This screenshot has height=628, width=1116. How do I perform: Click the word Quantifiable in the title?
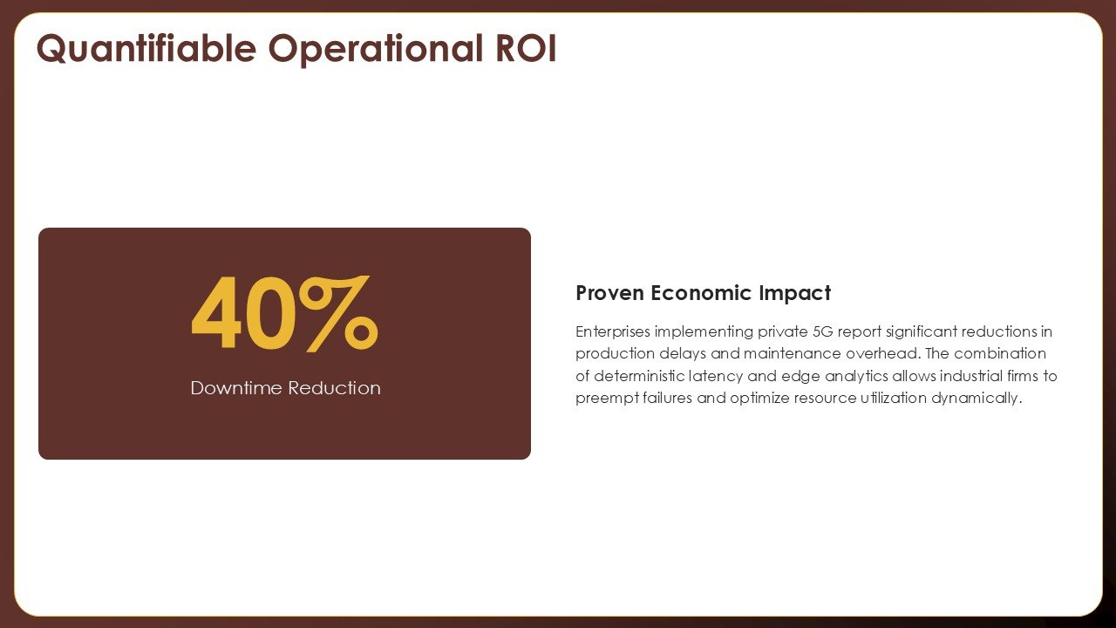click(146, 49)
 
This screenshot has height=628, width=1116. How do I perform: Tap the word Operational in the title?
click(376, 49)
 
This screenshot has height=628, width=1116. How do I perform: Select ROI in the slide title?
click(526, 48)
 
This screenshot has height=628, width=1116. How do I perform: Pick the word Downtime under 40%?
click(236, 388)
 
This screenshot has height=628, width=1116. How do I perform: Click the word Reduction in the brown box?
click(334, 388)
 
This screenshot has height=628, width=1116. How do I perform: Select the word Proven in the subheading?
click(610, 292)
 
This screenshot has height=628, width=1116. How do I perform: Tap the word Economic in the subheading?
click(702, 292)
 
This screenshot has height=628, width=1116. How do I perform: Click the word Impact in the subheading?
click(795, 294)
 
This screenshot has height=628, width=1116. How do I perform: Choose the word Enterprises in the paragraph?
click(613, 332)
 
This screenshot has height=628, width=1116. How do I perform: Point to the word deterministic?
click(639, 376)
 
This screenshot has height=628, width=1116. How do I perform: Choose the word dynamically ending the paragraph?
click(976, 399)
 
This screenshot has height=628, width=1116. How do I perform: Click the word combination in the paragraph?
click(1000, 353)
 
